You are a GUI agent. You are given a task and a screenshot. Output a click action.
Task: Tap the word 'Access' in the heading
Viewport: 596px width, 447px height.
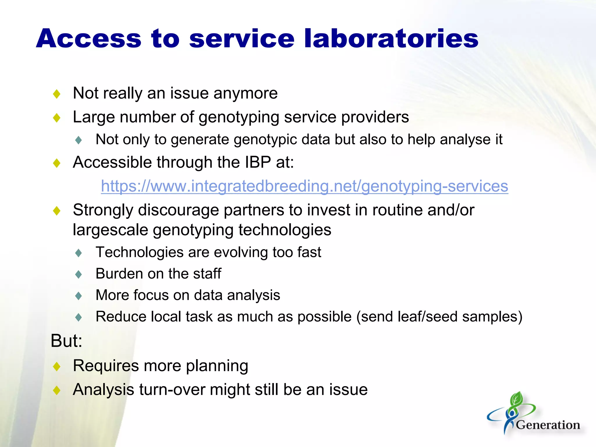point(89,39)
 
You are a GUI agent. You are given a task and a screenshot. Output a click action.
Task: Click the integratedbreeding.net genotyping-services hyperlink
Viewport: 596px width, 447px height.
point(304,186)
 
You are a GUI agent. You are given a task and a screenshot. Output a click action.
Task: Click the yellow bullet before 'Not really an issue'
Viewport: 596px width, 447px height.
point(57,94)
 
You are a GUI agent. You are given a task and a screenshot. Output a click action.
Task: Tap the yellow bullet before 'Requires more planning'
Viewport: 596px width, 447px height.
point(57,366)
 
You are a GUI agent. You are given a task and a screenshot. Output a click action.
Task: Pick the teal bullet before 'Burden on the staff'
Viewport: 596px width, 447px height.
point(79,274)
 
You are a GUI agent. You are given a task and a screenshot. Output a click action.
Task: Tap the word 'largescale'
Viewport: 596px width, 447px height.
point(111,230)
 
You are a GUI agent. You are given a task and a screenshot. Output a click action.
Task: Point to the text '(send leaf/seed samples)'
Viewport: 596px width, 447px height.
point(439,317)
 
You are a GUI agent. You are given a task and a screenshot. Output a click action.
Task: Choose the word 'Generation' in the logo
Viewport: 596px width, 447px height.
point(548,425)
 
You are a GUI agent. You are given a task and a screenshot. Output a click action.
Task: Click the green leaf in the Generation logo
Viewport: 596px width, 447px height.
point(517,399)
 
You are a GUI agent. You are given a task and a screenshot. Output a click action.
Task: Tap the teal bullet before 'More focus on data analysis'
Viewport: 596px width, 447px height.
point(79,296)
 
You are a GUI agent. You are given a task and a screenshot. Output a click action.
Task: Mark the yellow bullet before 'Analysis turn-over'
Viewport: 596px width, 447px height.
point(57,390)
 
